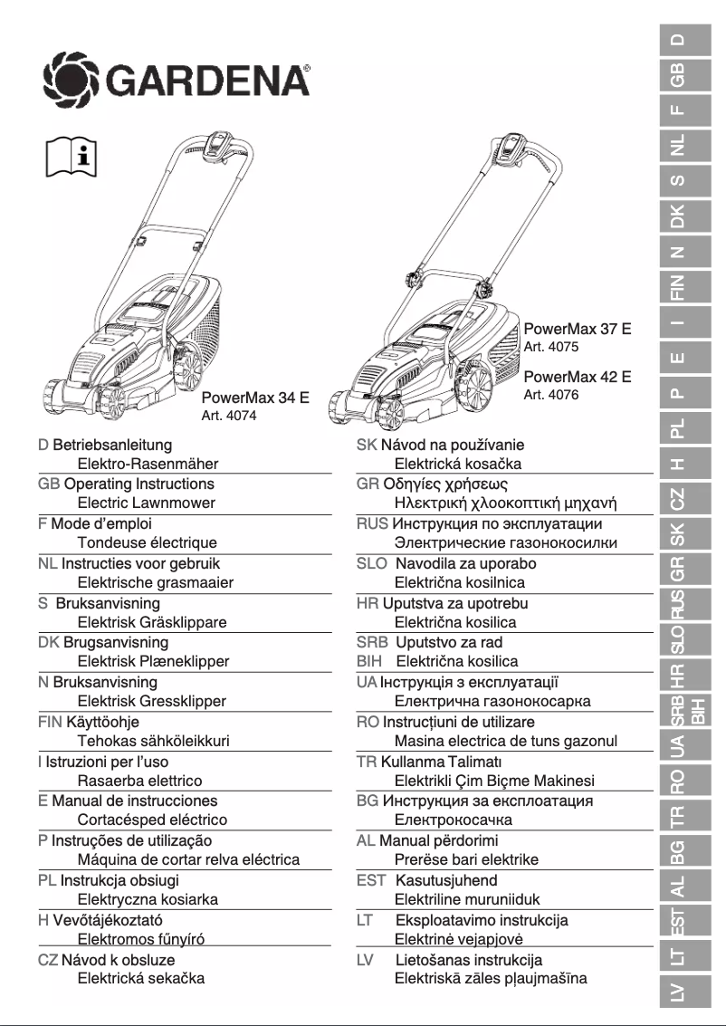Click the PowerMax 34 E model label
(255, 397)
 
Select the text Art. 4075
(550, 347)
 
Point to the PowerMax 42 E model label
(578, 377)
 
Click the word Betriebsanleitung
(112, 445)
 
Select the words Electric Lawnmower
(146, 503)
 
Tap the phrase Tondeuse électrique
(147, 543)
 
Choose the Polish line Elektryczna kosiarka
(148, 900)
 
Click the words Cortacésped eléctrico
(152, 820)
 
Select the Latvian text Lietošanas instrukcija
(469, 960)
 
